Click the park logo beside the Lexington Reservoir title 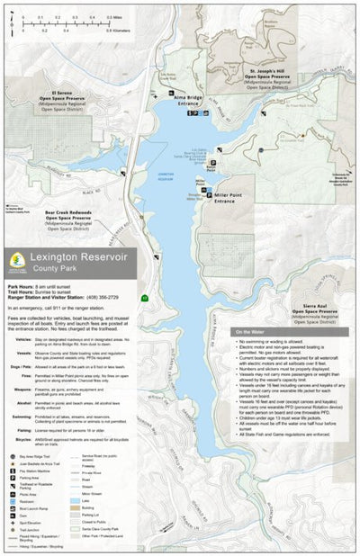click(x=15, y=261)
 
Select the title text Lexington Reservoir click(x=78, y=257)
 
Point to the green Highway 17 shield click(x=144, y=298)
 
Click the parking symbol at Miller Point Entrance click(x=207, y=193)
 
